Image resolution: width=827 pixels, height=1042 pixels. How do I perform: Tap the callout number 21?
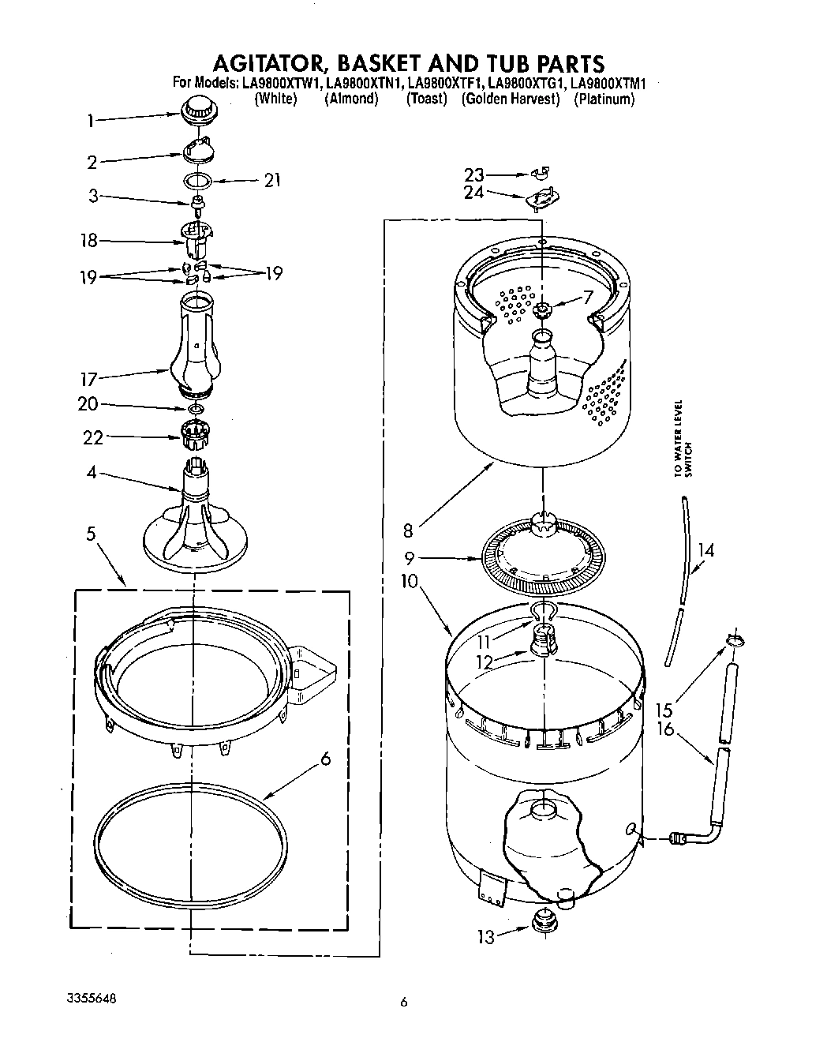(272, 181)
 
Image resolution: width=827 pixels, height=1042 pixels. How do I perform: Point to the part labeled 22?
(194, 431)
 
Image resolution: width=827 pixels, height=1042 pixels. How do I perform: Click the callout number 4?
(92, 474)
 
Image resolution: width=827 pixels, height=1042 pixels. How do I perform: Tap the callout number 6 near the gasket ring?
(324, 759)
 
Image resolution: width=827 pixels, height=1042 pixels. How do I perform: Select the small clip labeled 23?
(541, 171)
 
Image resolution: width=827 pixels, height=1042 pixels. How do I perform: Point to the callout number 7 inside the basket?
(586, 298)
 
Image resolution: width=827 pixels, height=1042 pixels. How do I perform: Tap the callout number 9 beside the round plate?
(409, 559)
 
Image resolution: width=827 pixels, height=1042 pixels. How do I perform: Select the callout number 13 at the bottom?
(486, 937)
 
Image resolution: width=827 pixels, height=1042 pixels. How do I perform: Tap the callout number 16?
(665, 729)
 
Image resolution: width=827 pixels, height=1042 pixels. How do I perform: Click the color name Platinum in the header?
(604, 99)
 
